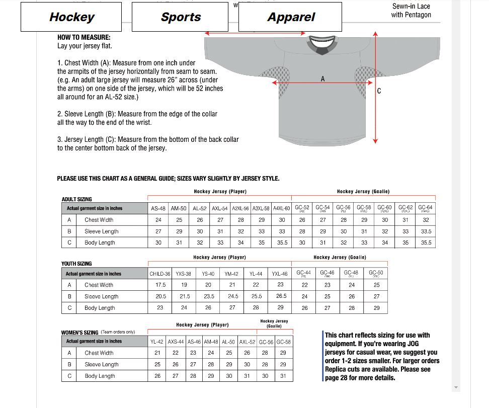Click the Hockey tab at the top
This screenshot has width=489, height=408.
point(71,17)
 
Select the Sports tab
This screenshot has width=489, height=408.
point(181,17)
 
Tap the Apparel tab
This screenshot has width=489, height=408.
point(291,17)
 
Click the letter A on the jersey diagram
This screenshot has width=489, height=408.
point(322,78)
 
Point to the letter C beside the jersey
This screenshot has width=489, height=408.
point(379,91)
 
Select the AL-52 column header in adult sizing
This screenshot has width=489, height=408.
point(200,208)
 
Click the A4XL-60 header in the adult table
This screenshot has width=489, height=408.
point(282,208)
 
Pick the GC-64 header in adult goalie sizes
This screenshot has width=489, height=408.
point(425,208)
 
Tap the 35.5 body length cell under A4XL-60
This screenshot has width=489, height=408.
point(282,242)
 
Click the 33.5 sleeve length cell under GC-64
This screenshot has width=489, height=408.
point(426,231)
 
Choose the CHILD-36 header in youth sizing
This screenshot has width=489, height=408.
point(160,274)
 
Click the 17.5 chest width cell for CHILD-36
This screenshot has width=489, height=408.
point(160,285)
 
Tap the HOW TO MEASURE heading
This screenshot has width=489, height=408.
point(84,37)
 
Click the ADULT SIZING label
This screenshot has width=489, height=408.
point(77,199)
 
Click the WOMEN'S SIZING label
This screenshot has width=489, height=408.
point(80,333)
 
